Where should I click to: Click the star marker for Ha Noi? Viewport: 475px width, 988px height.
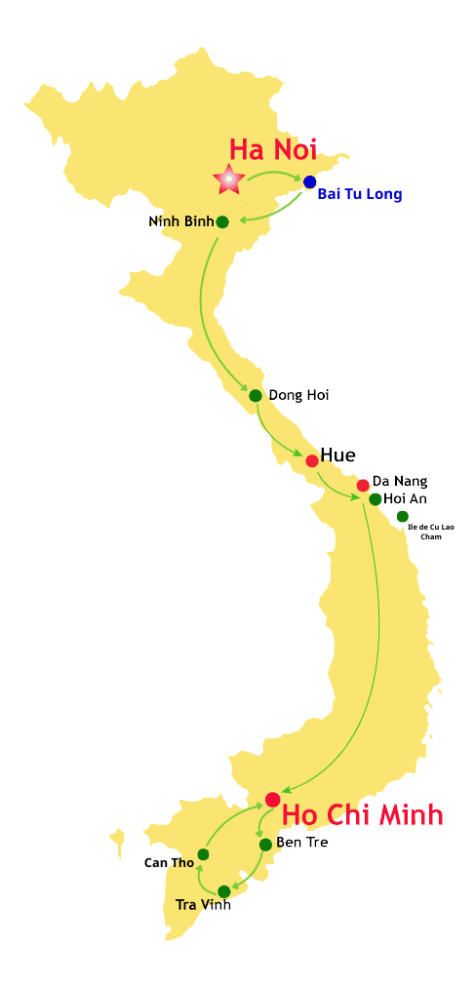(228, 178)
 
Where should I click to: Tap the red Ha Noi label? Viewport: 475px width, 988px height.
(273, 148)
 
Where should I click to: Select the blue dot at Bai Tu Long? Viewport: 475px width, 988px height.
(310, 181)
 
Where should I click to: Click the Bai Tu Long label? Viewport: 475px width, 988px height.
(359, 194)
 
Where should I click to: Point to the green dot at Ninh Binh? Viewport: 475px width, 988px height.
(222, 221)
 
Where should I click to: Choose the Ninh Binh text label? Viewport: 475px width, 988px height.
(180, 221)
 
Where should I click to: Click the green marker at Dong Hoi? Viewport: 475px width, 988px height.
(256, 395)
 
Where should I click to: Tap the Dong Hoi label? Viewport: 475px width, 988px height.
(298, 395)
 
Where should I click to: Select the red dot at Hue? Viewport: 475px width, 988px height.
(312, 460)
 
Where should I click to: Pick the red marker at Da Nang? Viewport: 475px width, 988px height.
(363, 485)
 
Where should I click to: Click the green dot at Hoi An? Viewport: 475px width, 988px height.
(375, 499)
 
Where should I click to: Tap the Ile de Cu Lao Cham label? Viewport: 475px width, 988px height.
(430, 532)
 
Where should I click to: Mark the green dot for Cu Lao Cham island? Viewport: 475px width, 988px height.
(403, 516)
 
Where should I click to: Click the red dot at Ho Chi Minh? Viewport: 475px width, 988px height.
(272, 800)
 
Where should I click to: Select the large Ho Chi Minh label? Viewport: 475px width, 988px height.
(363, 814)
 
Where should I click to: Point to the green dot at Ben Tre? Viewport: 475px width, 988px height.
(265, 845)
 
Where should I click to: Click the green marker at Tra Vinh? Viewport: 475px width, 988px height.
(224, 890)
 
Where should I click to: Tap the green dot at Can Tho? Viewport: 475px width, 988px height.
(203, 854)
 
